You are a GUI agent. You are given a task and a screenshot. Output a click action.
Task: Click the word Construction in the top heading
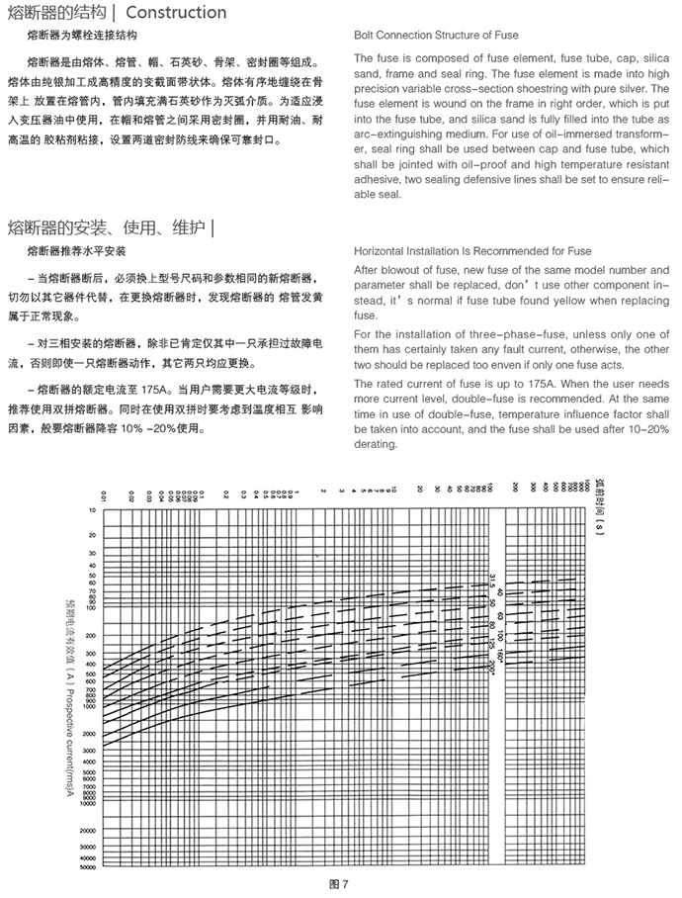click(177, 13)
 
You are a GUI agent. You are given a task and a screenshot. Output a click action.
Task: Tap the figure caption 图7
click(339, 883)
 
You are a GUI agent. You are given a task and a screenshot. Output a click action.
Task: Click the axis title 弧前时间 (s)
click(599, 505)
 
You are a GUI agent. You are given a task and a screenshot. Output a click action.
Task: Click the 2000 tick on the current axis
click(90, 735)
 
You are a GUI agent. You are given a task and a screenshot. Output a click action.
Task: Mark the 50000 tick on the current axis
click(87, 865)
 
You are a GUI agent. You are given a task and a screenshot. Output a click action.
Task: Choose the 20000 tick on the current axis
click(87, 830)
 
